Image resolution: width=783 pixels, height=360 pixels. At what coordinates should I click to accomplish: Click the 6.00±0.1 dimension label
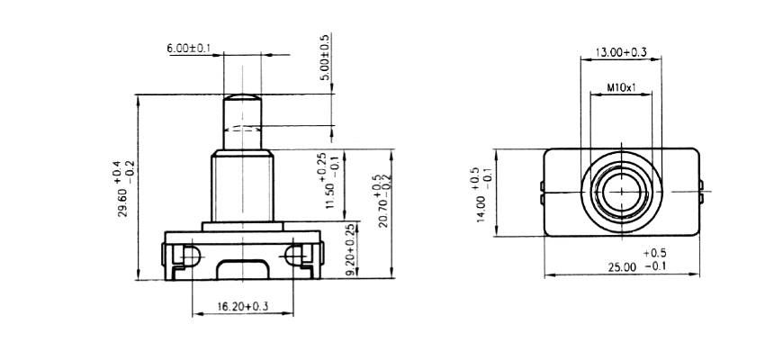187,47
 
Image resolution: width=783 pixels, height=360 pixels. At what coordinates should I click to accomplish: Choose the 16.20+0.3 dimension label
243,307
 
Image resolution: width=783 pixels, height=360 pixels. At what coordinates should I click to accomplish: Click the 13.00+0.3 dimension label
621,53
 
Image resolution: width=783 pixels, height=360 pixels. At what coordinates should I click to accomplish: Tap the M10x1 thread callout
621,88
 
